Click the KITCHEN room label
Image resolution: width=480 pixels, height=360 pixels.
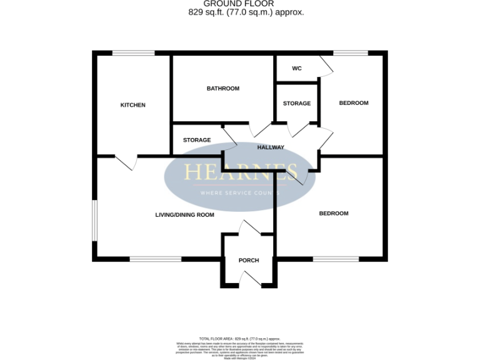[x=132, y=105]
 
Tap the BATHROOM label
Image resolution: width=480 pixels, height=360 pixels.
[x=223, y=89]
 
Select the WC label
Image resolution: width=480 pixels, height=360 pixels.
[x=297, y=68]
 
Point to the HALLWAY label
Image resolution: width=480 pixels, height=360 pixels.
[x=271, y=147]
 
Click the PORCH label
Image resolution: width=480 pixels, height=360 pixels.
[x=249, y=260]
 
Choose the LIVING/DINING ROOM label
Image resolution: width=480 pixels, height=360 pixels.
[x=184, y=214]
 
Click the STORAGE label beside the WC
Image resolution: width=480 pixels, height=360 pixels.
[x=297, y=103]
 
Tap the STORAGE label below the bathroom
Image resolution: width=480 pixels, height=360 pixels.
[x=197, y=140]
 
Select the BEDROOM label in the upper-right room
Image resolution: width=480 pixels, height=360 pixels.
[x=354, y=103]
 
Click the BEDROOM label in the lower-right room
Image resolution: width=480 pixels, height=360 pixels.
[x=334, y=214]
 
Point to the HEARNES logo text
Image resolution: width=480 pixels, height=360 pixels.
[x=240, y=172]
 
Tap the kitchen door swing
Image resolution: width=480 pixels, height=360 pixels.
[x=127, y=162]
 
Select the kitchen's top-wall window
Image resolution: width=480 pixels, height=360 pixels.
[x=133, y=53]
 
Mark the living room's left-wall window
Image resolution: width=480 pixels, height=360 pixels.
[x=94, y=219]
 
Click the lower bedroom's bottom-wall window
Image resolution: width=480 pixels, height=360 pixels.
[x=336, y=258]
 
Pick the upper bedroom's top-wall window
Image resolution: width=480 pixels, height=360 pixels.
[x=351, y=53]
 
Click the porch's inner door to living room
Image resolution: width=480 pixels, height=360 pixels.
[x=249, y=228]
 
